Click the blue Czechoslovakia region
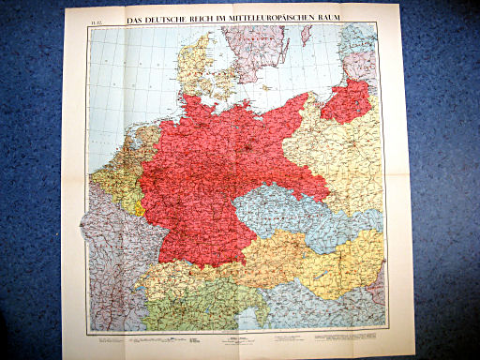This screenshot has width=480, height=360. coord(281,212)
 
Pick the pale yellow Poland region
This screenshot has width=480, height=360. coord(337,159)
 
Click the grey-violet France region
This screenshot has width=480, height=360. coord(108,253)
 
